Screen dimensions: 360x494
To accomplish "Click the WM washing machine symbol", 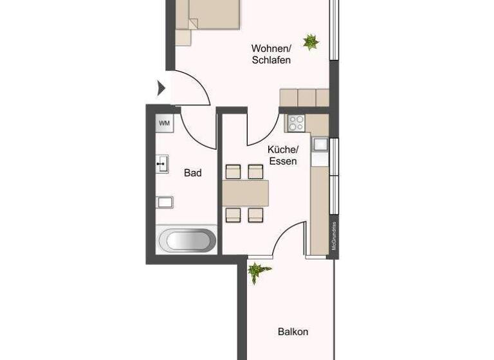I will tap(165, 123).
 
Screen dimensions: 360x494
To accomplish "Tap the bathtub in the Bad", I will tap(188, 241).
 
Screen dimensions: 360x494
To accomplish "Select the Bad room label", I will tap(192, 173).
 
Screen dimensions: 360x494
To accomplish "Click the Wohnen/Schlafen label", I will tap(271, 55).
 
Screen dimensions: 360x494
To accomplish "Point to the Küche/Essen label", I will tap(282, 155).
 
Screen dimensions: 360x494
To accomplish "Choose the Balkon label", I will tap(293, 332).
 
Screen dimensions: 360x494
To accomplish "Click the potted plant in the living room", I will tap(311, 42).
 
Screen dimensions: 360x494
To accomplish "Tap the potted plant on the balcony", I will tap(257, 273).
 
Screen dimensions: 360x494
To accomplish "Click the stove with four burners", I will tap(296, 123).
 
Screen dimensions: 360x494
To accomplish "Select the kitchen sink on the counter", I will tap(320, 145).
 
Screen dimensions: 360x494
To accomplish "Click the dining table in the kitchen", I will tap(245, 192).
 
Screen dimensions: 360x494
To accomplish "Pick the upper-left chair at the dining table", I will tap(233, 171).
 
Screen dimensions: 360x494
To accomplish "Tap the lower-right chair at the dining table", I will tap(256, 214).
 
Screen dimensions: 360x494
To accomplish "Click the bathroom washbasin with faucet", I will tap(163, 164).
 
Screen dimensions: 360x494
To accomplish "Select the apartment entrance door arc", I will tap(193, 90).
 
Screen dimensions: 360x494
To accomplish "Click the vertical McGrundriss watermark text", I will tap(333, 237).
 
